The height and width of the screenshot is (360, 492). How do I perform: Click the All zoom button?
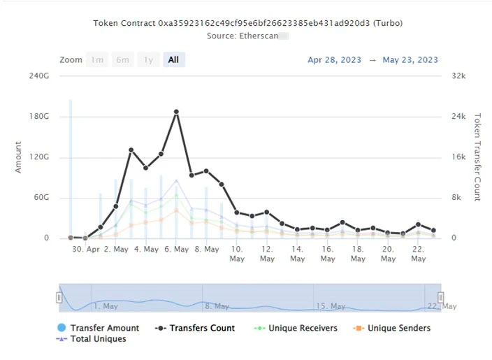(x=173, y=60)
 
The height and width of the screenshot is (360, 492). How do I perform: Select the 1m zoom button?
(x=98, y=60)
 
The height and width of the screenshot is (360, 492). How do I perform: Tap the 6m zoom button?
(x=123, y=60)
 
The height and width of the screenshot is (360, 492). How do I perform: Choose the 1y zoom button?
(x=148, y=60)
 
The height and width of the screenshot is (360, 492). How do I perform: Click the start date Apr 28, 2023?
(x=334, y=60)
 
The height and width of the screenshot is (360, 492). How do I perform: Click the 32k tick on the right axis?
(x=458, y=75)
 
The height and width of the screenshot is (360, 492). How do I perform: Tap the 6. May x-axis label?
(x=176, y=249)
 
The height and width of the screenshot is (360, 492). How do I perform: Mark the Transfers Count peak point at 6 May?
(x=176, y=112)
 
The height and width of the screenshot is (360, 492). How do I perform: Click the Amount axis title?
(x=18, y=157)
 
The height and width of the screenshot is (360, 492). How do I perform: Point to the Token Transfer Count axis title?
(x=478, y=157)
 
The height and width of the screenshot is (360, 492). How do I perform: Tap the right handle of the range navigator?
(x=441, y=298)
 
